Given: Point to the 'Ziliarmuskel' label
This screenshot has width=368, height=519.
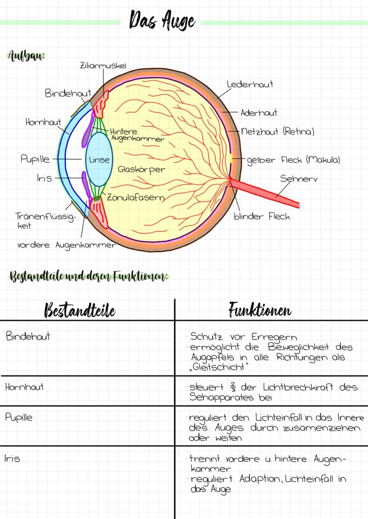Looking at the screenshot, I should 104,65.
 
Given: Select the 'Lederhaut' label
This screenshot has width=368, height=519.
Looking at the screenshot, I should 250,84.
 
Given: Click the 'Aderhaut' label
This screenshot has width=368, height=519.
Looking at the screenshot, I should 259,113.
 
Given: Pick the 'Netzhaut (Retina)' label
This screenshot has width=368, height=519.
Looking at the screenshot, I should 278,131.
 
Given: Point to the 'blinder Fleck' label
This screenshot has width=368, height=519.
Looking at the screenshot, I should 262,217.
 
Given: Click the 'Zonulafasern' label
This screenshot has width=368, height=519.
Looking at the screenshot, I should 133,198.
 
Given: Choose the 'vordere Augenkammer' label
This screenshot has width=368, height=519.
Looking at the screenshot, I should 67,245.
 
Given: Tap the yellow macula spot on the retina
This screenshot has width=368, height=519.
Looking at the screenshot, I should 232,158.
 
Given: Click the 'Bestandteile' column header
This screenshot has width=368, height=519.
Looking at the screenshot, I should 80,311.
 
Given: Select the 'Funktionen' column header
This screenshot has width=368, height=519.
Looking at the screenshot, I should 260,310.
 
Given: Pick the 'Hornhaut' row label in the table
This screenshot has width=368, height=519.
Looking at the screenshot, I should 24,387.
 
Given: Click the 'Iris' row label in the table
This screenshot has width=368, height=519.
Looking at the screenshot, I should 13,458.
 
